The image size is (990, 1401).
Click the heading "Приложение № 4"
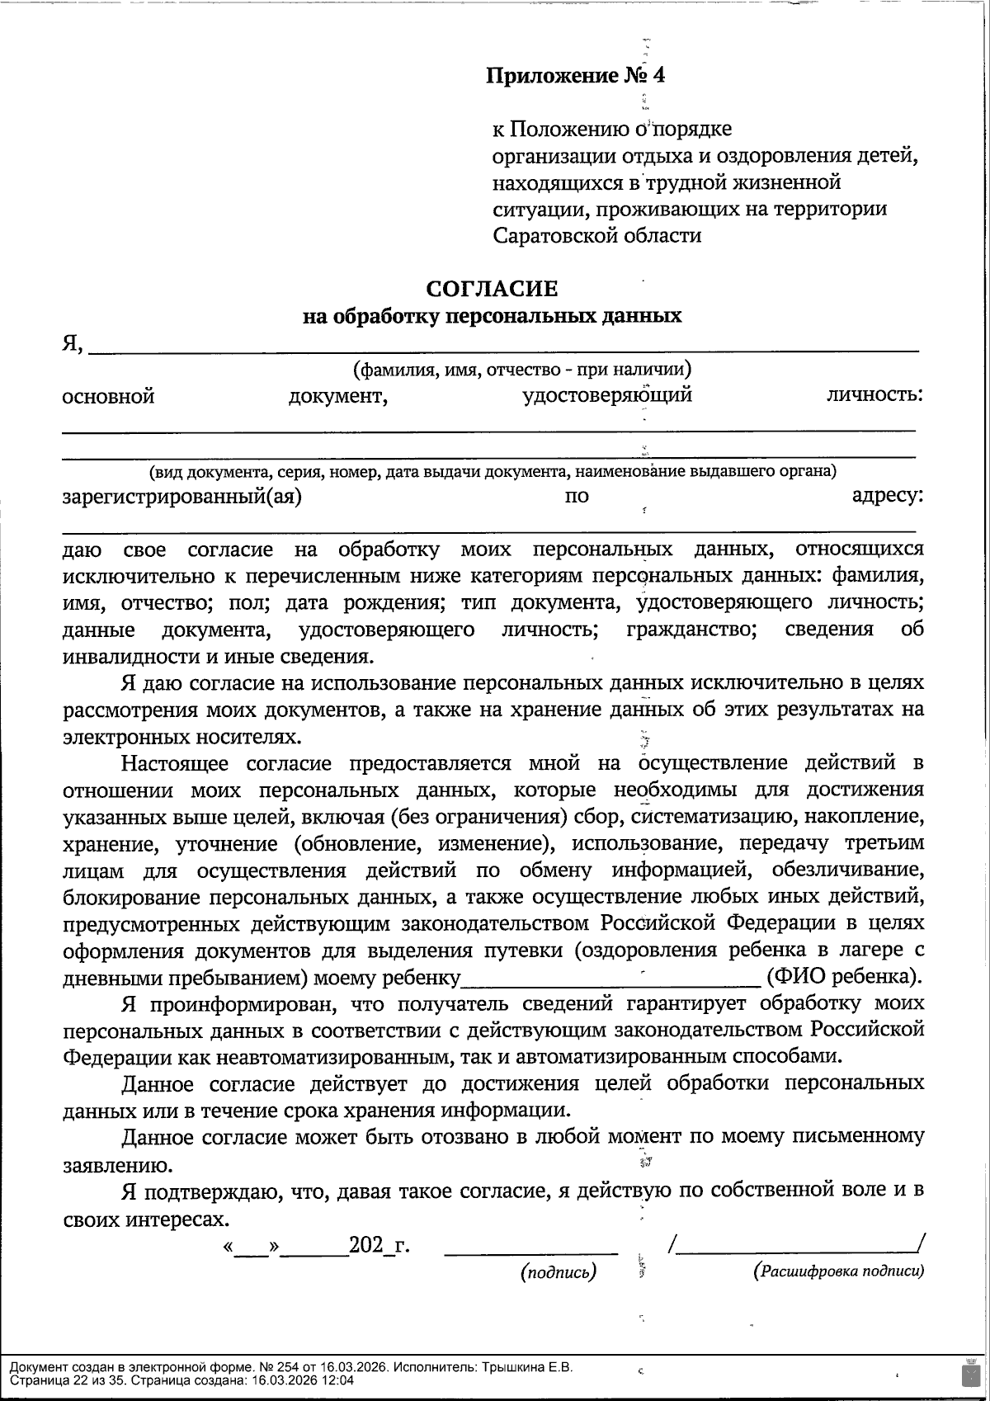coord(575,76)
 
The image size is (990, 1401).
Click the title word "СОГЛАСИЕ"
coord(492,289)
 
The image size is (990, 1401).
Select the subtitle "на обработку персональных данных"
coord(492,316)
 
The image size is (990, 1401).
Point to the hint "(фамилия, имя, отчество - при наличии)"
coord(521,369)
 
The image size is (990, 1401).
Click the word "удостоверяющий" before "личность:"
coord(607,395)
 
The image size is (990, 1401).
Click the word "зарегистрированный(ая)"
coord(181,497)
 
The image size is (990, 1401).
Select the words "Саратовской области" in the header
coord(597,235)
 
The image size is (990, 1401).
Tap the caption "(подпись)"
coord(559,1272)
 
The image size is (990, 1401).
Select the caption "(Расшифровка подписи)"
coord(839,1271)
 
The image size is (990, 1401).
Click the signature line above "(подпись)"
coord(530,1252)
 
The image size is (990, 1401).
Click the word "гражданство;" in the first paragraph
coord(691,630)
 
